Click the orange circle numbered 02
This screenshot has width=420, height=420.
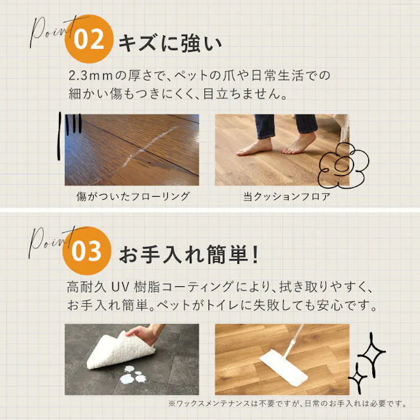point(89,39)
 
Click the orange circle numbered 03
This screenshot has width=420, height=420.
point(87,251)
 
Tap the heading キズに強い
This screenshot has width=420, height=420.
point(170,44)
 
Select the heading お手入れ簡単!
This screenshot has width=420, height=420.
point(189,254)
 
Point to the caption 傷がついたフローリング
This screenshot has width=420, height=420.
point(133,196)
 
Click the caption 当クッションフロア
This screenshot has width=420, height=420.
point(287,196)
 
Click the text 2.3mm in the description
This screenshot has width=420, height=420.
point(90,75)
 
